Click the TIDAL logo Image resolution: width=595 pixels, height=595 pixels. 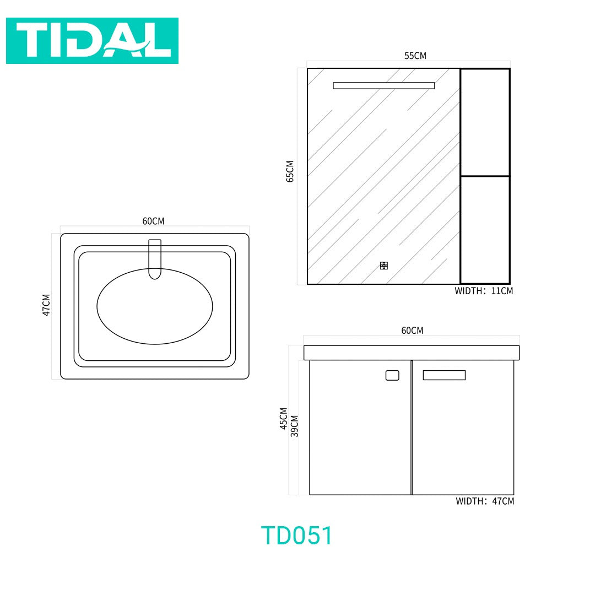(92, 40)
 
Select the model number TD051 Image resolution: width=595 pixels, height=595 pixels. (297, 535)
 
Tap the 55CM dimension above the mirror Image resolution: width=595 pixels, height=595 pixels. (415, 56)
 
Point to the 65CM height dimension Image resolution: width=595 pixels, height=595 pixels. (290, 171)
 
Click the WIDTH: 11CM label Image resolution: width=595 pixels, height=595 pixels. (484, 291)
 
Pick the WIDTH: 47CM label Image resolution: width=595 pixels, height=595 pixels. (485, 501)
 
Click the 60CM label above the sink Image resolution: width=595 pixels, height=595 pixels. (153, 221)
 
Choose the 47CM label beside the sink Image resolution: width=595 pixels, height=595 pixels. (46, 305)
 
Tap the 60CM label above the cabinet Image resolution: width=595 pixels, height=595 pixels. (412, 331)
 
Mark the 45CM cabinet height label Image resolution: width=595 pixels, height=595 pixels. (284, 419)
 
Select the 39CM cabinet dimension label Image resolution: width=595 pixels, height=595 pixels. (295, 426)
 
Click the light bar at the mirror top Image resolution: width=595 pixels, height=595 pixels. (383, 85)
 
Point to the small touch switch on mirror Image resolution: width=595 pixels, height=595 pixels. (384, 266)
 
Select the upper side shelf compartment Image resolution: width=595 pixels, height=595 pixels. (485, 122)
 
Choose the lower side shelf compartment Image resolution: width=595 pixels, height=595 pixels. (485, 230)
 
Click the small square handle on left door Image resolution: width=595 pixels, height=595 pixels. (392, 375)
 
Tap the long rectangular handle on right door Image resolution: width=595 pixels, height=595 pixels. (444, 375)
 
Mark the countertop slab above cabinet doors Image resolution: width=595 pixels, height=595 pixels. (412, 353)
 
